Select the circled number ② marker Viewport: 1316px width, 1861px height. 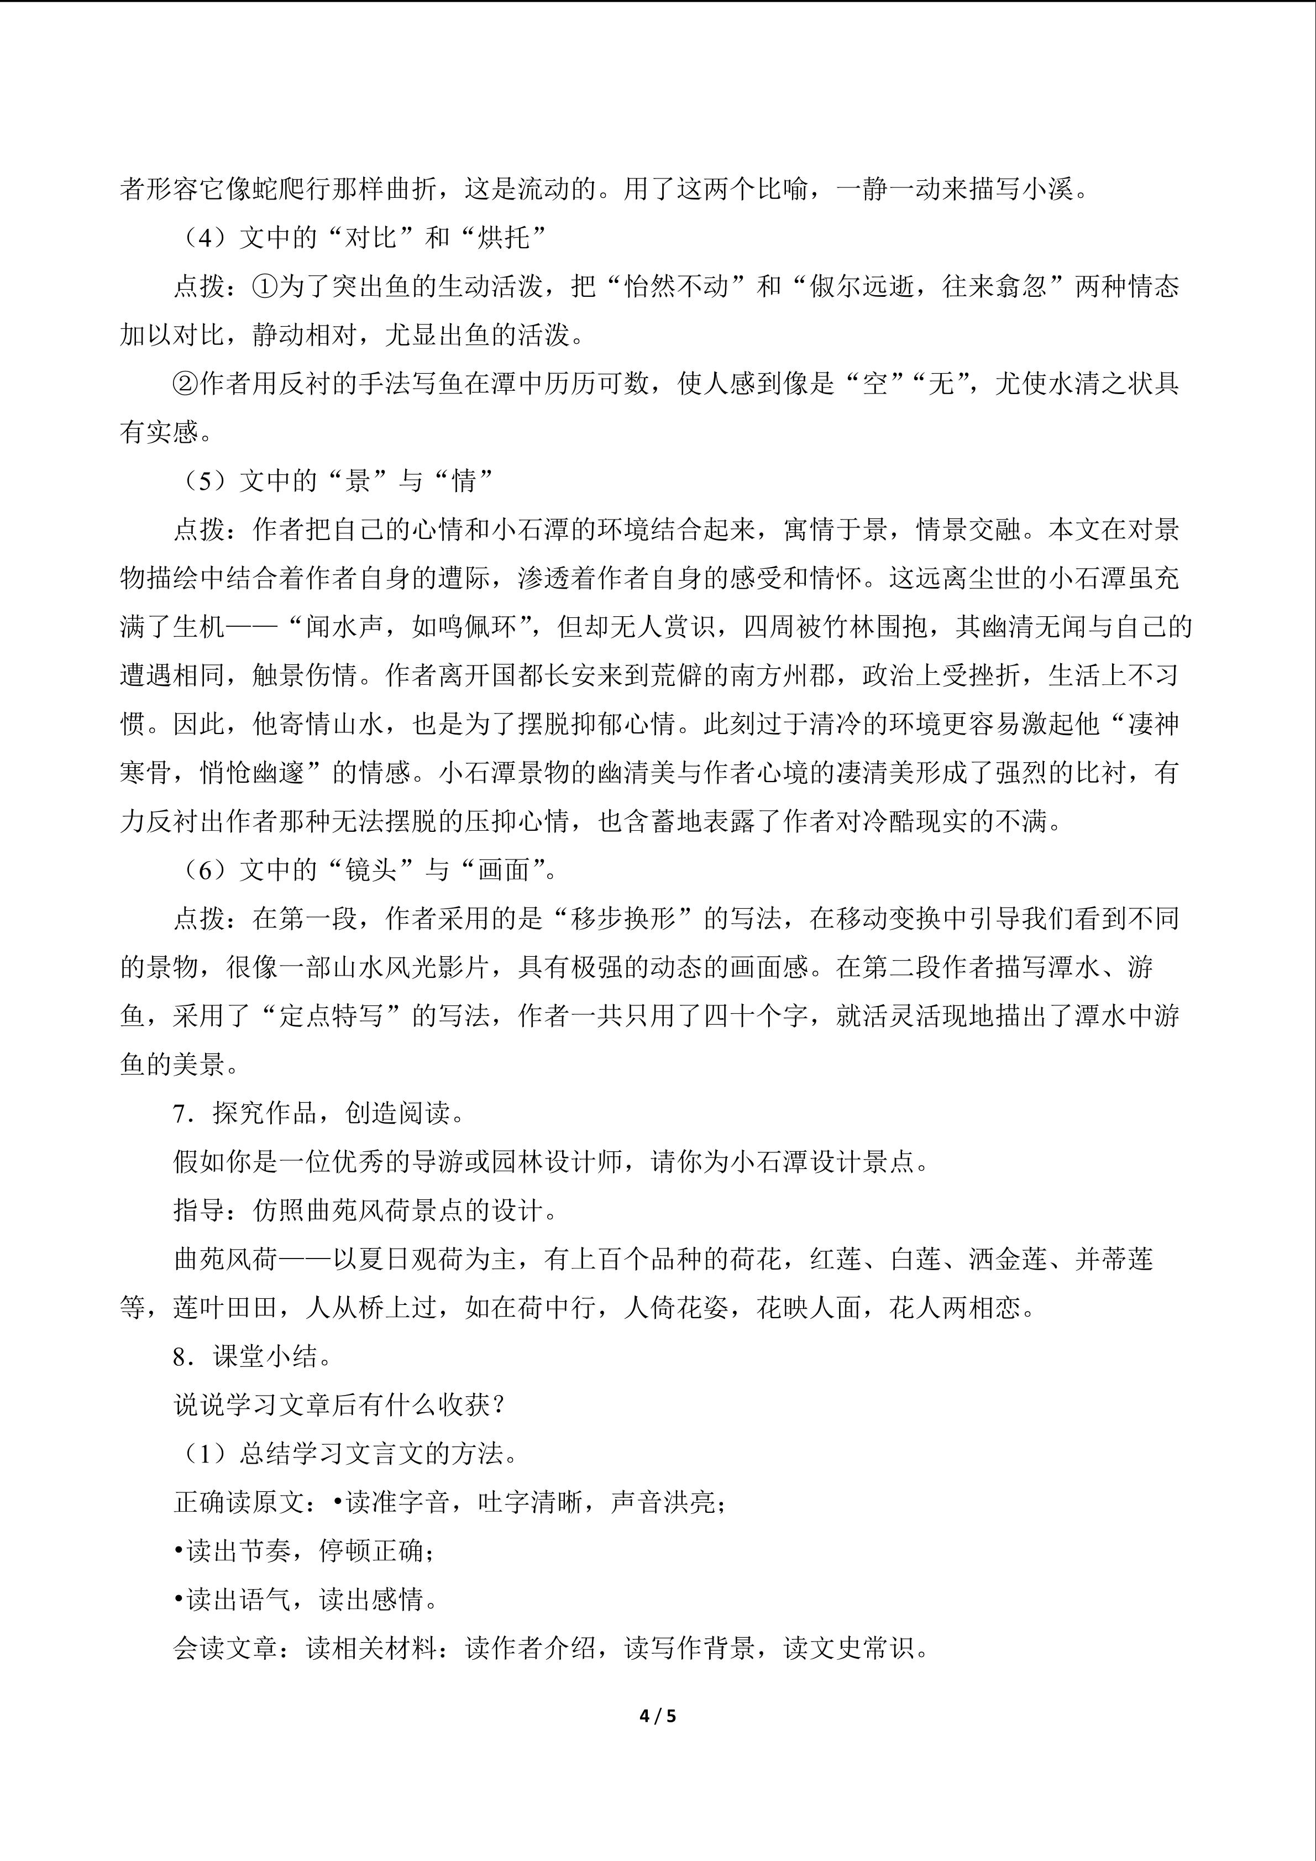pyautogui.click(x=186, y=384)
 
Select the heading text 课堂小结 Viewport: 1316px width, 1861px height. pyautogui.click(x=266, y=1356)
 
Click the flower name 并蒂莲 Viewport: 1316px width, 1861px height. pyautogui.click(x=1114, y=1259)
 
